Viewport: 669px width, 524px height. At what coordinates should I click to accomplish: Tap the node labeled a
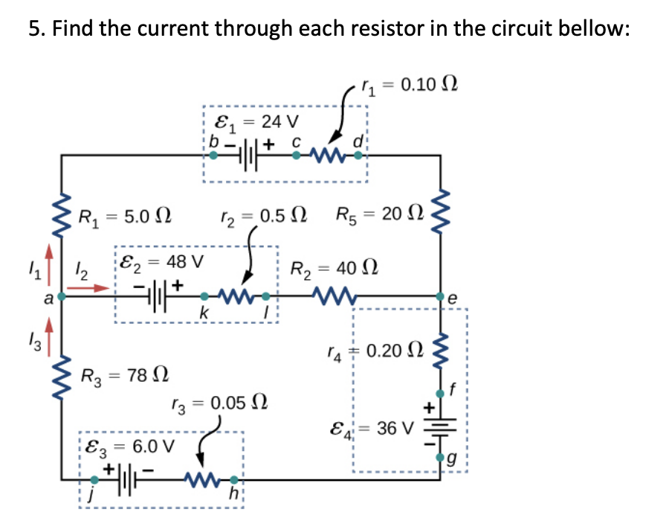pos(61,296)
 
